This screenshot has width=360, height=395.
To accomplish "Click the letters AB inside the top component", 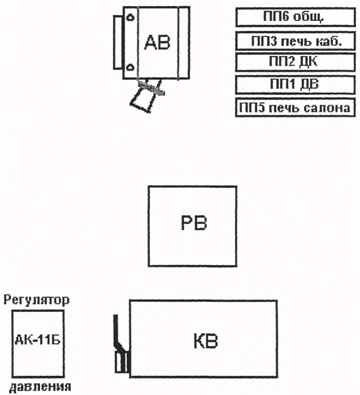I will click(157, 42).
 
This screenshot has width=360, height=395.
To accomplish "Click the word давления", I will click(37, 387).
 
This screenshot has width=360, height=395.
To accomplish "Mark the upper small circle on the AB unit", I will click(130, 18).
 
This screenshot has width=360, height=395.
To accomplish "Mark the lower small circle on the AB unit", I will click(130, 68).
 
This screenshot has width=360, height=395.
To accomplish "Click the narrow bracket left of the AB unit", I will click(118, 43).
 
